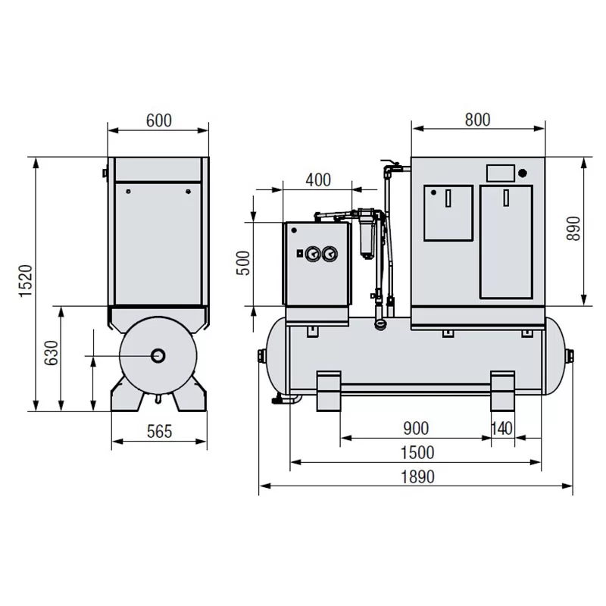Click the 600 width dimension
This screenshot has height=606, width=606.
pos(159,120)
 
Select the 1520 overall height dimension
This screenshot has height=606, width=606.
pos(27,281)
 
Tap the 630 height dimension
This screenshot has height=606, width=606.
pos(51,353)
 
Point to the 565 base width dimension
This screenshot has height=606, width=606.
pos(159,432)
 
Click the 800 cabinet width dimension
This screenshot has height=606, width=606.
pos(478,120)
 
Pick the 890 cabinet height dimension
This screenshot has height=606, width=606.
pos(573,229)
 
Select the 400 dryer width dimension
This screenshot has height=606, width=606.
pos(318,180)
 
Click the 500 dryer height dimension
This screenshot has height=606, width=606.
pos(243,263)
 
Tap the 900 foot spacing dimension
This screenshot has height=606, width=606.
pos(416,428)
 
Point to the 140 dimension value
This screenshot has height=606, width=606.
pos(502,428)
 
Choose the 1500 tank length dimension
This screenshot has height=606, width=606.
pos(417,452)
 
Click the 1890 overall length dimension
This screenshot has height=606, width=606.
pos(417,477)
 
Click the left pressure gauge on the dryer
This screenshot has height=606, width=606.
pos(313,254)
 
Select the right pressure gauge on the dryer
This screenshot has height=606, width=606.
pos(330,254)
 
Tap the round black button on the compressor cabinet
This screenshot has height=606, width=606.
pos(523,173)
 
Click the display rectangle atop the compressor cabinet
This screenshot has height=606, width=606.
pos(501,173)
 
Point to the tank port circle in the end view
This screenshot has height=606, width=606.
pos(158,355)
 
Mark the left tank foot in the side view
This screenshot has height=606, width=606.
pos(329,391)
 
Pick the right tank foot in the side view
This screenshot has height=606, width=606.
pos(503,391)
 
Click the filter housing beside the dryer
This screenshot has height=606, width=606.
pos(367,233)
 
